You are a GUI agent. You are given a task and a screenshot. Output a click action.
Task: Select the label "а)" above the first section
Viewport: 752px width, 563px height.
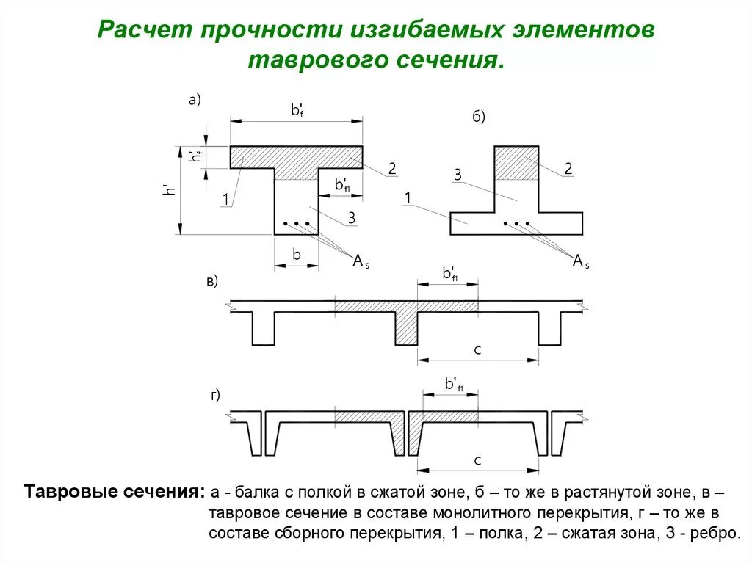pyautogui.click(x=195, y=101)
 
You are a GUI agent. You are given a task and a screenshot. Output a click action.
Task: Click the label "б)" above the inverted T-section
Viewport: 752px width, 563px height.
pyautogui.click(x=478, y=117)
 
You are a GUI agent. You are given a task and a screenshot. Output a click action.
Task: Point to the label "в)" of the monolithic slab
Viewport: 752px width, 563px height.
pyautogui.click(x=211, y=281)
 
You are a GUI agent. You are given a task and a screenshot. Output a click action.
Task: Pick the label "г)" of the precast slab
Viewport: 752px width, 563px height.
pyautogui.click(x=215, y=396)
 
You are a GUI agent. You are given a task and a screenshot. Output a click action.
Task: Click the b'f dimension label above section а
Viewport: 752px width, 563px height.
pyautogui.click(x=297, y=111)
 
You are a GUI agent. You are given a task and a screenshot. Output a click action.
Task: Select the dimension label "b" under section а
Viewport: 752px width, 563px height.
pyautogui.click(x=297, y=255)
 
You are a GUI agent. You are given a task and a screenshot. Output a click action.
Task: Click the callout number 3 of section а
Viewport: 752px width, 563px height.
pyautogui.click(x=352, y=217)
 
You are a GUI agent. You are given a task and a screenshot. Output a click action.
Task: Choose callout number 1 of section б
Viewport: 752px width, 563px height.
pyautogui.click(x=408, y=198)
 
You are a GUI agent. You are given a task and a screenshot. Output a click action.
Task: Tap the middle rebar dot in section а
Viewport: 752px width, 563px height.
pyautogui.click(x=296, y=223)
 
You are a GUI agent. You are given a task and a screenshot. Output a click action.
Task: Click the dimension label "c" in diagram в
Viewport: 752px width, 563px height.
pyautogui.click(x=477, y=350)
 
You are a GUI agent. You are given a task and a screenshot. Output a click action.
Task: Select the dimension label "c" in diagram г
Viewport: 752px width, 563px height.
pyautogui.click(x=477, y=461)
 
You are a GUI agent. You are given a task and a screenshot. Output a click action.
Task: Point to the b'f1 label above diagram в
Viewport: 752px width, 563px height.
pyautogui.click(x=450, y=274)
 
